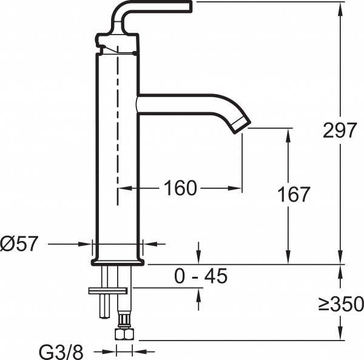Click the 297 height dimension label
coord(339,130)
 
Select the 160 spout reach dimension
coord(180,188)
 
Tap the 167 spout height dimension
coord(294,194)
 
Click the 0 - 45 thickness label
coord(200,277)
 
